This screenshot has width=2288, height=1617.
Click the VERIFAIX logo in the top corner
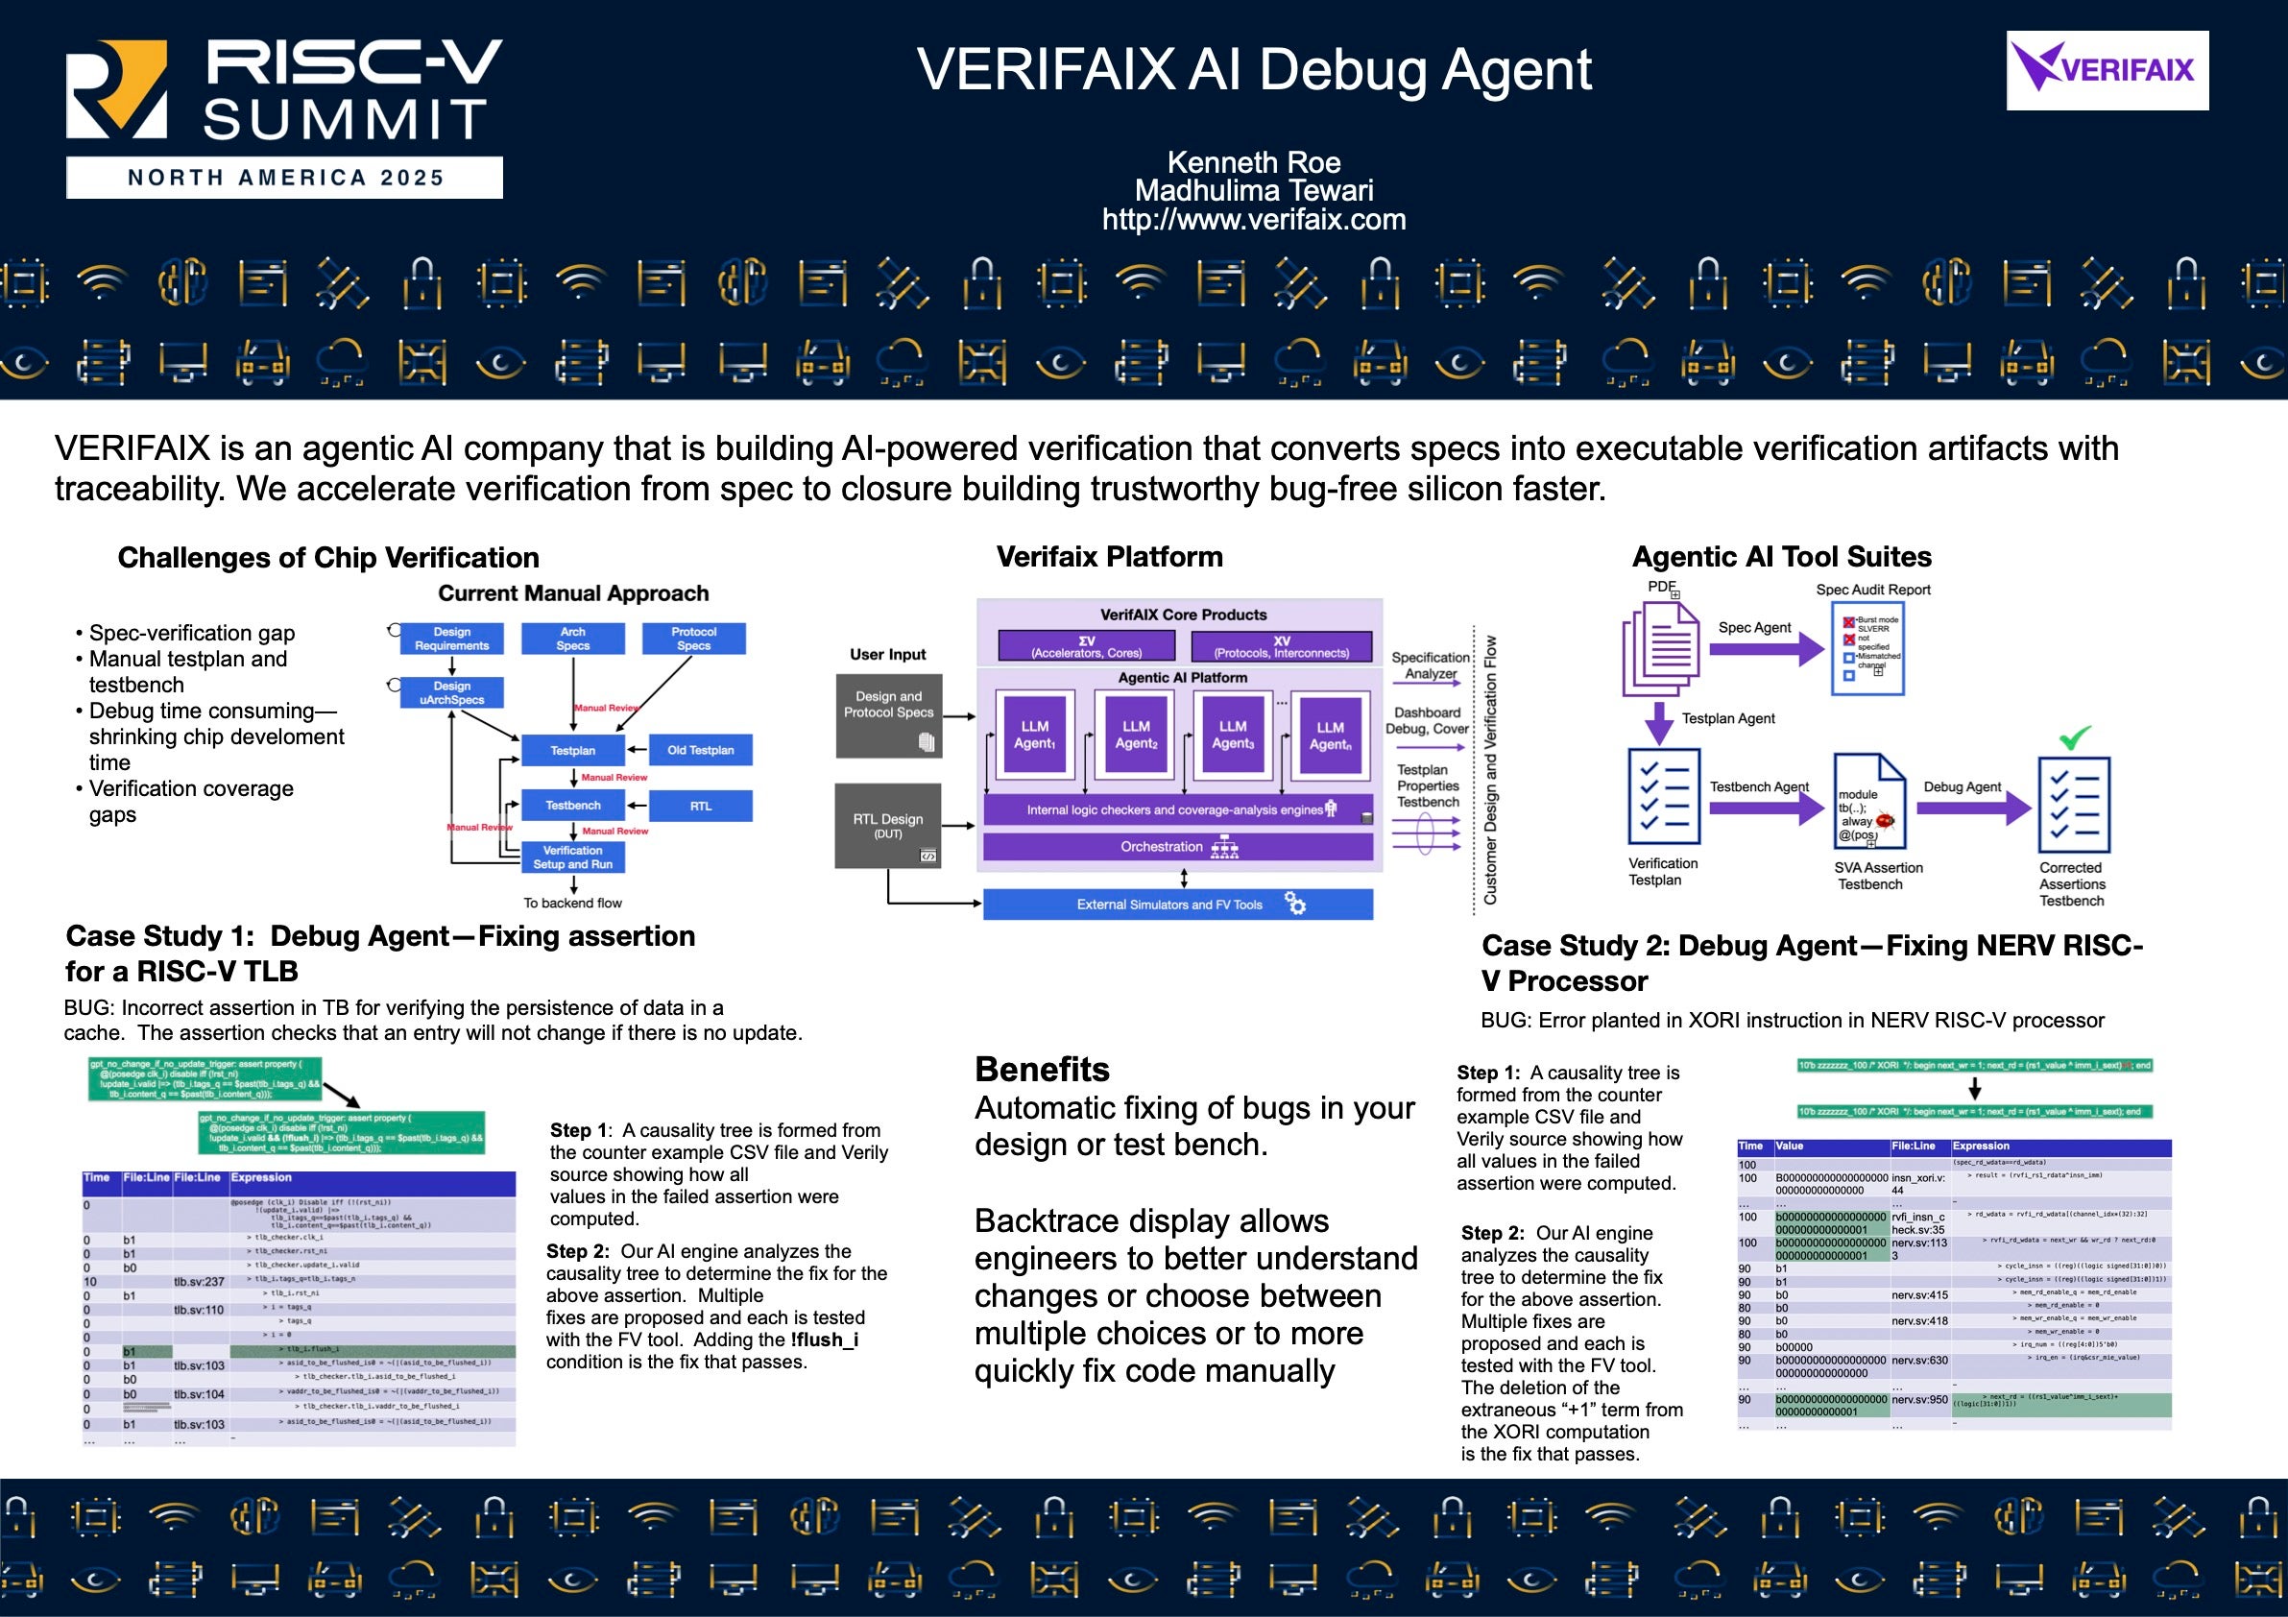coord(2107,70)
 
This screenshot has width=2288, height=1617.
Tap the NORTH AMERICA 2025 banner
coord(284,178)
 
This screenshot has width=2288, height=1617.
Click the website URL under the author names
coord(1254,219)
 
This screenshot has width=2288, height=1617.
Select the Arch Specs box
coord(573,639)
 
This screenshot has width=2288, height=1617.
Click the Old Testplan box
coord(701,750)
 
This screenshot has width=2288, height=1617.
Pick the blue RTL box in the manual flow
coord(701,806)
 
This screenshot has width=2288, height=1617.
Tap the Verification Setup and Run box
coord(573,857)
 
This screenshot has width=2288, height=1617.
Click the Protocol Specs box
coord(693,639)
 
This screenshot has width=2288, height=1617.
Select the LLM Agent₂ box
coord(1136,735)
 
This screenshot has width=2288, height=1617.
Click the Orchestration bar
coord(1178,847)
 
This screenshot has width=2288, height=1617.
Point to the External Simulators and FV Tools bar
coord(1178,905)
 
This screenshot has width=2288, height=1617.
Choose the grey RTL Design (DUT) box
coord(887,826)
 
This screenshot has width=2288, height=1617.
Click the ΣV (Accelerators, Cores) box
coord(1086,646)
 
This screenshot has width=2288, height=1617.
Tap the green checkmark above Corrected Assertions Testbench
coord(2075,738)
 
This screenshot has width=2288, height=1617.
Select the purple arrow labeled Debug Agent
coord(1972,807)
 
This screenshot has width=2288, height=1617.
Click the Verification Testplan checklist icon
coord(1663,797)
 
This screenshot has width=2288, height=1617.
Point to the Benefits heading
coord(1042,1069)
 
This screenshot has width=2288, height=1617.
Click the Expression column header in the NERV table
coord(1980,1146)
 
